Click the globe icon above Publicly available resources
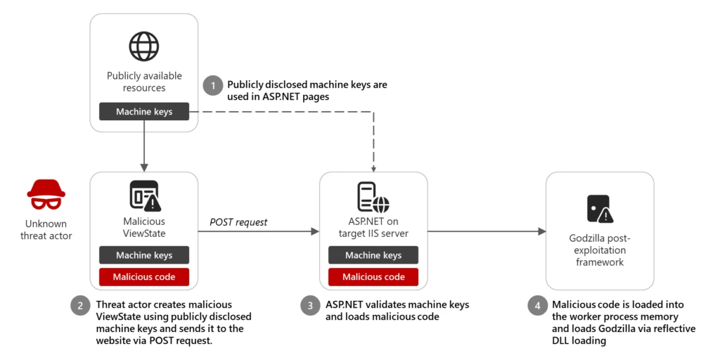tap(144, 46)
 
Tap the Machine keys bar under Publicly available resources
tap(144, 111)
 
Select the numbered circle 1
tap(212, 86)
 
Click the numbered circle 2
tap(80, 306)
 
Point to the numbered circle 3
tap(310, 306)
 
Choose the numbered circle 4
tap(536, 306)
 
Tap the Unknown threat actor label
tap(46, 229)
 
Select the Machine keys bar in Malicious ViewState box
tap(144, 255)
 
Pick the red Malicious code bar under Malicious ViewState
tap(144, 276)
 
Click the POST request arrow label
tap(238, 222)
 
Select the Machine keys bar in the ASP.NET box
tap(373, 255)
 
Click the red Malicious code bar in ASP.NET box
tap(373, 276)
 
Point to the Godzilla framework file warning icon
tap(598, 208)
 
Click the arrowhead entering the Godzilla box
tap(542, 231)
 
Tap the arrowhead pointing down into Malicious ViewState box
tap(144, 167)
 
